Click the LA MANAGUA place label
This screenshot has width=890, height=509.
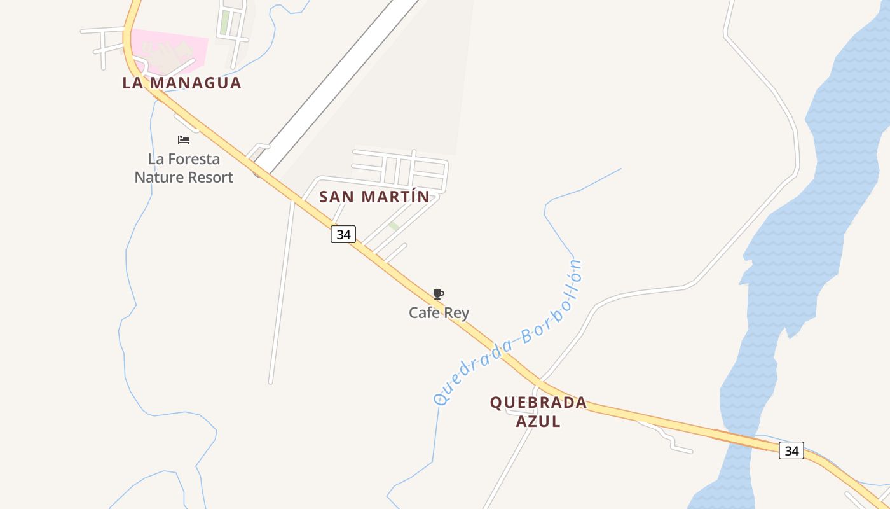[182, 83]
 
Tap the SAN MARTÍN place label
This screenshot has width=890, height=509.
[374, 197]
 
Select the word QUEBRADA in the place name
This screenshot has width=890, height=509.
[538, 403]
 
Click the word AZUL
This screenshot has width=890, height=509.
[538, 421]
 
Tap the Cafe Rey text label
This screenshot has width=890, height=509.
[439, 313]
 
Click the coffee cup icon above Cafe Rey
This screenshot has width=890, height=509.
[438, 294]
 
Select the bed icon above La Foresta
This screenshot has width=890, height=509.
[184, 140]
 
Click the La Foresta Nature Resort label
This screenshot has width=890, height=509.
[184, 169]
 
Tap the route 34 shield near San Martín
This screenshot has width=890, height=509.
[343, 234]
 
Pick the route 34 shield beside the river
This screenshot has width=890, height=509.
[791, 450]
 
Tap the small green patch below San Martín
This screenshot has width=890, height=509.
[394, 226]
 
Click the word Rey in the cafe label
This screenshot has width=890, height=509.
[458, 313]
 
